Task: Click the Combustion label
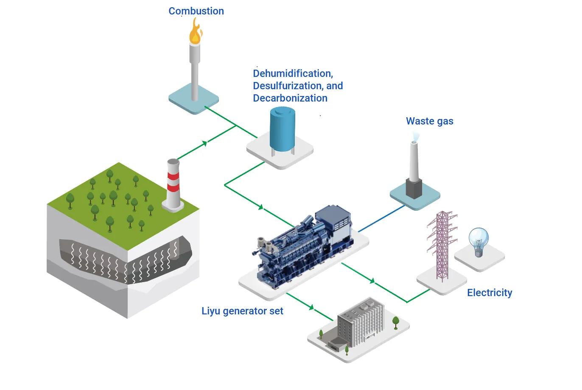tap(196, 11)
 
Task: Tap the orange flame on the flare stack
tap(195, 33)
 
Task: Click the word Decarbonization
tap(290, 98)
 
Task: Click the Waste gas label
tap(429, 121)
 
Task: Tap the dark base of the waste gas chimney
tap(414, 189)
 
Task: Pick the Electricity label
tap(490, 293)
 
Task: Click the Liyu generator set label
tap(242, 311)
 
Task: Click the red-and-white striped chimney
tap(173, 183)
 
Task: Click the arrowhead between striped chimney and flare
tap(205, 144)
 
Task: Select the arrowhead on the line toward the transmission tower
tap(372, 280)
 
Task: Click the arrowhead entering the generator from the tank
tap(261, 207)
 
